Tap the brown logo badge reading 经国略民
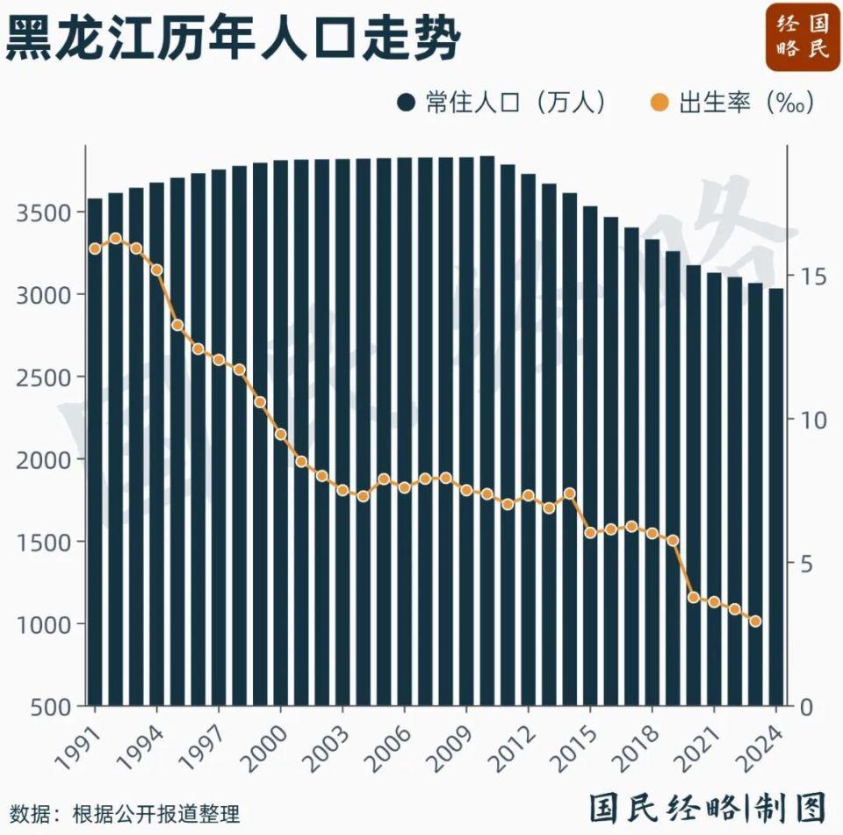[x=803, y=36]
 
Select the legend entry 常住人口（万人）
[x=501, y=103]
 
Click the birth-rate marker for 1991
[x=95, y=248]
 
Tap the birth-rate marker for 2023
[x=755, y=622]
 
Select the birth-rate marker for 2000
[x=281, y=434]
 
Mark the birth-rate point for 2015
[x=590, y=532]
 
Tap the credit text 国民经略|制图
[x=708, y=806]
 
